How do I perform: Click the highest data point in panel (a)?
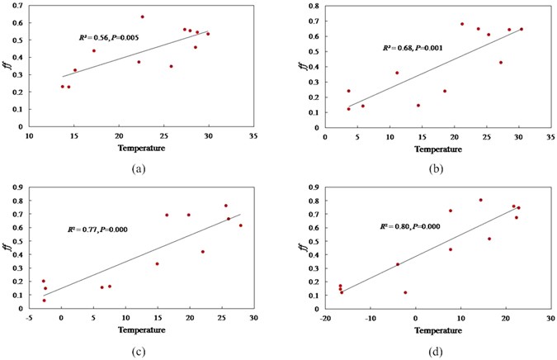[x=142, y=17]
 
